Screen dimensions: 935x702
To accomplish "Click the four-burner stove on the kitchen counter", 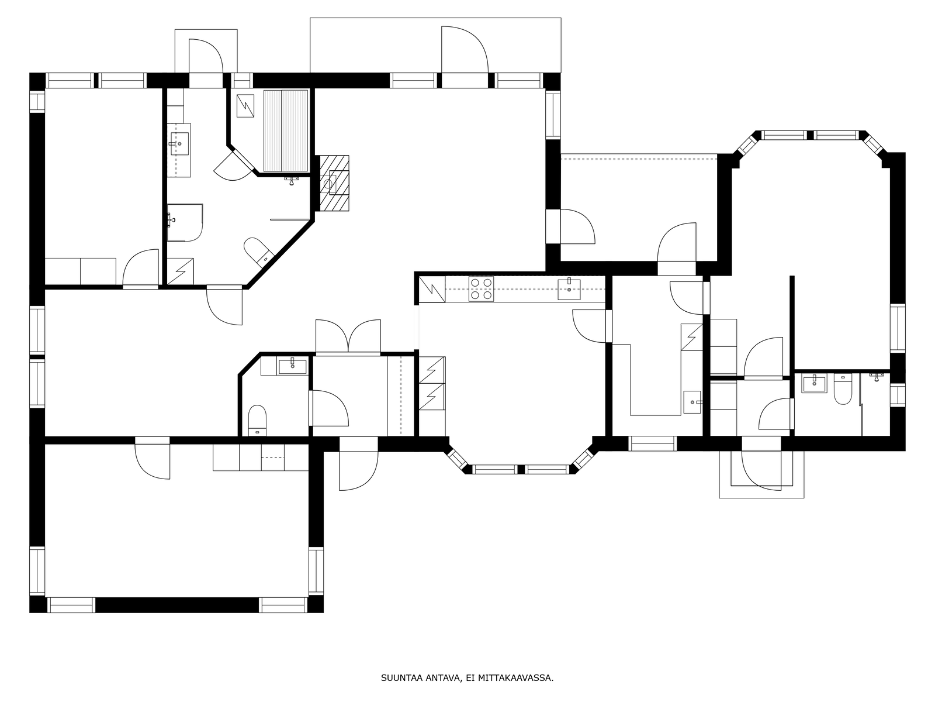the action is click(481, 288).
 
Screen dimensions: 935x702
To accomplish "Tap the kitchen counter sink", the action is click(569, 290).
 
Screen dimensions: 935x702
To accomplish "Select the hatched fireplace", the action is click(334, 183).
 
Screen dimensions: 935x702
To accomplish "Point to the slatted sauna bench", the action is click(285, 131).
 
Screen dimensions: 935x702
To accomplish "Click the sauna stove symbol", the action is click(245, 106).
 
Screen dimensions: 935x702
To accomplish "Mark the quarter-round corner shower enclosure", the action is click(185, 223).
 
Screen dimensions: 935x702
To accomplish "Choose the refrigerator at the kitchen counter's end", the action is click(432, 290).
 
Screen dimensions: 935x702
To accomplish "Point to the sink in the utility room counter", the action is click(692, 402).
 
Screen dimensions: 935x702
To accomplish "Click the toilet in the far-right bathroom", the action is click(842, 390).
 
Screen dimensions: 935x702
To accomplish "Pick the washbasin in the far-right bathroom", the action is click(814, 383).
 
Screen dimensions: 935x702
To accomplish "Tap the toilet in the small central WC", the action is click(257, 420).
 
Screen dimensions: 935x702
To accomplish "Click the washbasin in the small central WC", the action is click(292, 367).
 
